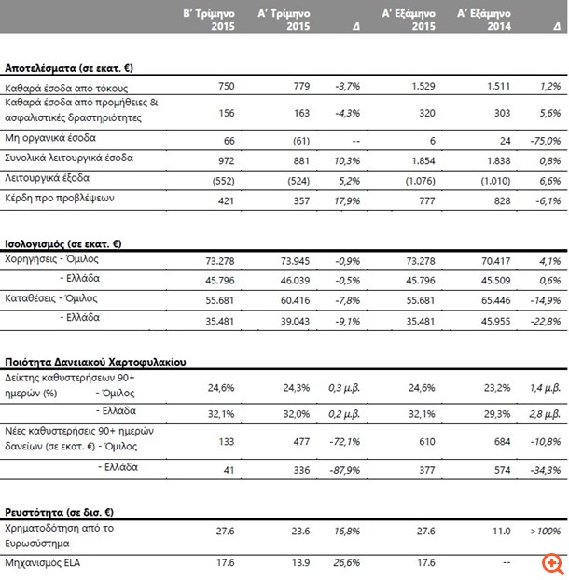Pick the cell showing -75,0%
[x=543, y=141]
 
